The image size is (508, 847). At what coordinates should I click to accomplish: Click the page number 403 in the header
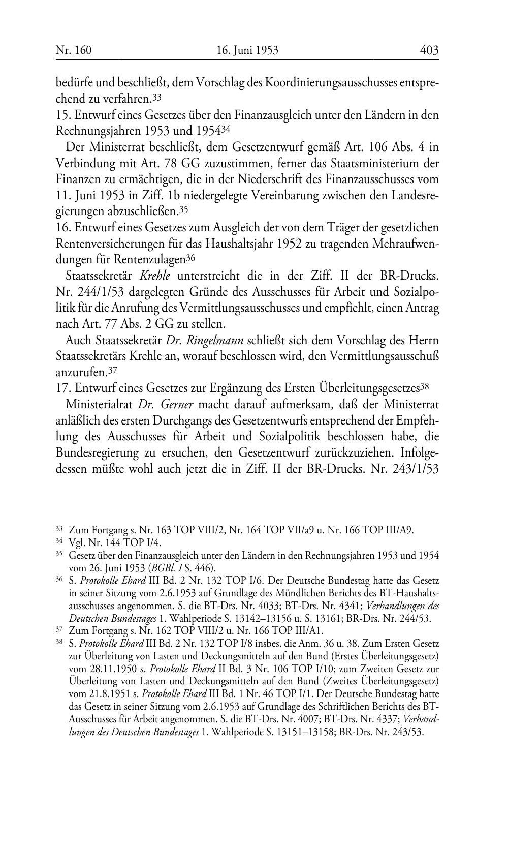coord(429,50)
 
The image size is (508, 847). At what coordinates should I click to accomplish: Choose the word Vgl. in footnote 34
coord(76,542)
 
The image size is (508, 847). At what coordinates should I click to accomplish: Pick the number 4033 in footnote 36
coord(232,606)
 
